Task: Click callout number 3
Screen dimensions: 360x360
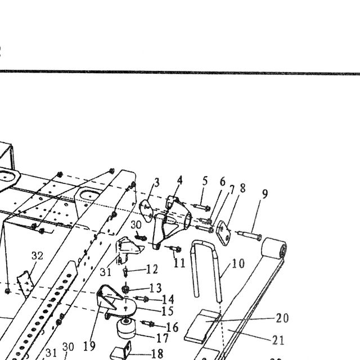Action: click(156, 183)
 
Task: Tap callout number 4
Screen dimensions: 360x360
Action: click(180, 180)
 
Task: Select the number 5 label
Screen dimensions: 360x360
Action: click(205, 181)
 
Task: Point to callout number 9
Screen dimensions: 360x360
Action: click(265, 194)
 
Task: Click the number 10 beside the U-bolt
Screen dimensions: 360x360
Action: click(238, 263)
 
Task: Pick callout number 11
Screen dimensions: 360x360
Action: click(179, 263)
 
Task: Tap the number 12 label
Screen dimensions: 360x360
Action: click(152, 269)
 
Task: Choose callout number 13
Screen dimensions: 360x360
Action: click(156, 288)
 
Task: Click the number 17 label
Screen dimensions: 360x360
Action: click(163, 338)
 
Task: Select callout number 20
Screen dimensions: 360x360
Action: click(282, 318)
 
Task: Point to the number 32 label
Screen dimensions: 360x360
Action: click(38, 255)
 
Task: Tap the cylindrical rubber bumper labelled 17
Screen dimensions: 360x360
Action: click(126, 328)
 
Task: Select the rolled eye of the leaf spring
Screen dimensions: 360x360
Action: click(274, 249)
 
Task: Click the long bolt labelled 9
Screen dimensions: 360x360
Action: click(249, 236)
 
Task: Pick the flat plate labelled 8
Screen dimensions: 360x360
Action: click(223, 233)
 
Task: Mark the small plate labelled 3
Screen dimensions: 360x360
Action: click(146, 211)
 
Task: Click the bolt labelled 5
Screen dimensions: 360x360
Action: click(202, 207)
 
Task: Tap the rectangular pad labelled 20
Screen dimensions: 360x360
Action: click(202, 326)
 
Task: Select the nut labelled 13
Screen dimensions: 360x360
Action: click(125, 290)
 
